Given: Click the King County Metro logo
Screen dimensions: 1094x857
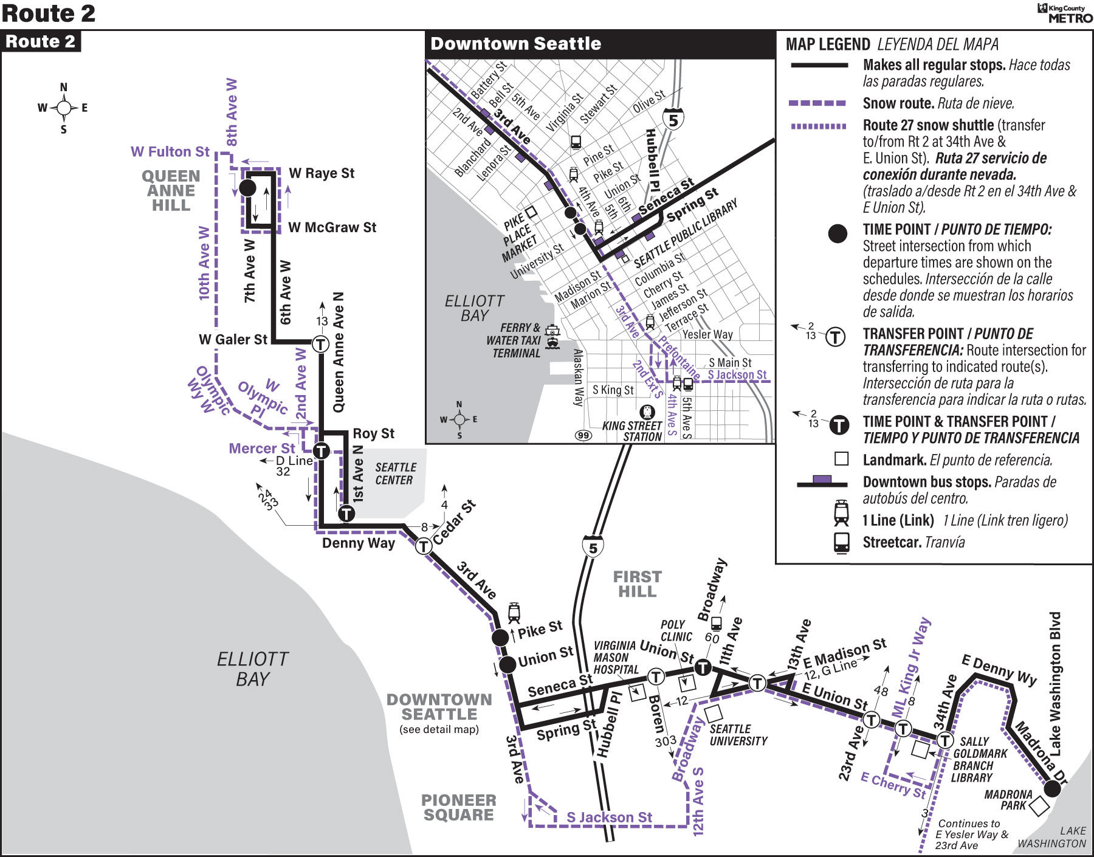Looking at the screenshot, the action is tap(1065, 13).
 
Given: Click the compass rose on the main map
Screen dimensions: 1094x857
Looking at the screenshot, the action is tap(63, 108).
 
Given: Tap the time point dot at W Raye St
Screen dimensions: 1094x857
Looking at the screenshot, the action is tap(247, 187).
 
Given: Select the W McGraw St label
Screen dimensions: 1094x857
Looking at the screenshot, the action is tap(332, 227).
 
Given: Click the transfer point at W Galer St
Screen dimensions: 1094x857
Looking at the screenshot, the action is tap(320, 344).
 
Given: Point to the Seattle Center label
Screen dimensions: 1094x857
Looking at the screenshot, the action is tap(395, 473).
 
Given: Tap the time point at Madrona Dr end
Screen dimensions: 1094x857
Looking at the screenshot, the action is tap(1052, 788).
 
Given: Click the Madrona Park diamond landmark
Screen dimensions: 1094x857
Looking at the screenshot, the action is tap(1039, 806).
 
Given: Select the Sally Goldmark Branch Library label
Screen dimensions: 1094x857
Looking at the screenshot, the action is tap(980, 759).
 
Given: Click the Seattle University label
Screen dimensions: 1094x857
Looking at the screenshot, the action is tap(738, 735).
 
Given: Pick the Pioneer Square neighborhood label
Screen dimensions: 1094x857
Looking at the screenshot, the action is tap(459, 808).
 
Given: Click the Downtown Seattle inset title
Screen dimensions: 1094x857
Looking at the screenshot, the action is tap(516, 44).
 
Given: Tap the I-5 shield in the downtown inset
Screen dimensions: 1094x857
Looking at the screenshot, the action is tap(673, 119).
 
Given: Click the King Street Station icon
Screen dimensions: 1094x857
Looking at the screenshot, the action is tap(648, 411).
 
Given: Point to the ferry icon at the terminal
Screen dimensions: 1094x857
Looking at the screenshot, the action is tap(552, 336).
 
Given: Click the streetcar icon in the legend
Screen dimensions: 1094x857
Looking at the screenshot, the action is tap(842, 542).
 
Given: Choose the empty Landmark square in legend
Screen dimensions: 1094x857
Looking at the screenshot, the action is tap(842, 458).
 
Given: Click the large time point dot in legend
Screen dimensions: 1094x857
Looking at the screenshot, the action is tap(838, 233).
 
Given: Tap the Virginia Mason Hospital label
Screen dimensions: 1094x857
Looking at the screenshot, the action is tap(616, 657).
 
